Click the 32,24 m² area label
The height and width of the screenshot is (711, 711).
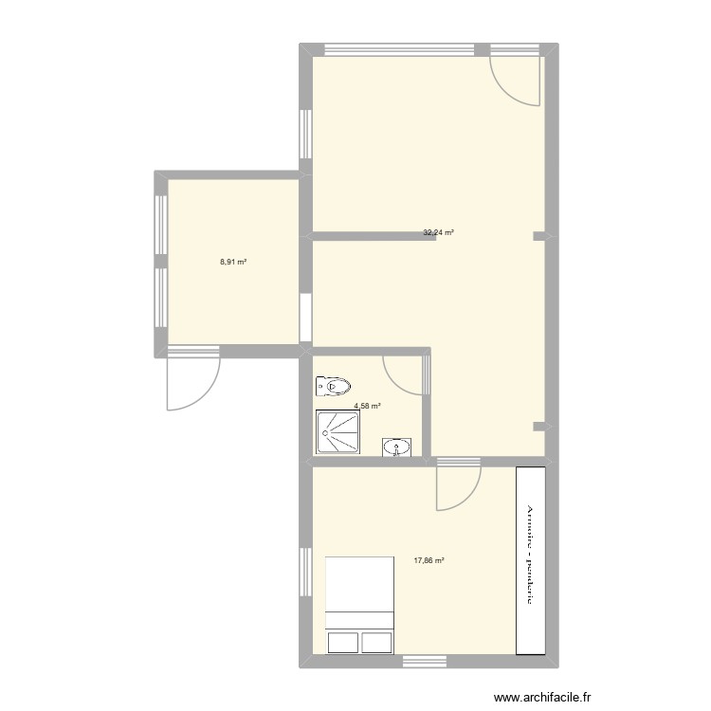point(438,232)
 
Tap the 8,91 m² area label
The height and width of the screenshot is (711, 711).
point(233,262)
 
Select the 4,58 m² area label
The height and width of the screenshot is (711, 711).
point(367,406)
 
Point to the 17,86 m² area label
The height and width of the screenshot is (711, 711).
point(428,560)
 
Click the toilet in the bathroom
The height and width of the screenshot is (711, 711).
point(334,386)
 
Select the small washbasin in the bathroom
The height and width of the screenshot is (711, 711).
point(397,447)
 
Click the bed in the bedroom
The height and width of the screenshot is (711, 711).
point(359,605)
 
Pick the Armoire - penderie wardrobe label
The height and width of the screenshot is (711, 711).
point(530,559)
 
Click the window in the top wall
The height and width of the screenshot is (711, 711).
point(399,49)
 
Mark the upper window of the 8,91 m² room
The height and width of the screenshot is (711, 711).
point(160,219)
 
